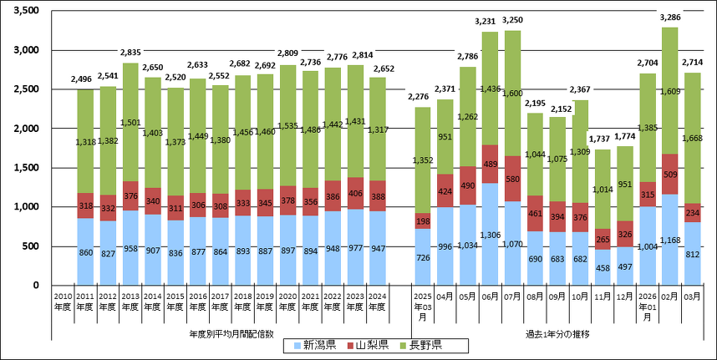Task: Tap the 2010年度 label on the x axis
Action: click(64, 301)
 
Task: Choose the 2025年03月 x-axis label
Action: click(423, 305)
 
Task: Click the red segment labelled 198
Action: click(423, 221)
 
